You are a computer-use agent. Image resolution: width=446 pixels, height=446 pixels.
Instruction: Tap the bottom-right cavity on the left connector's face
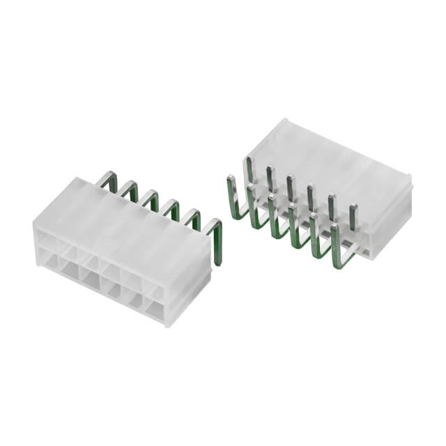point(155,307)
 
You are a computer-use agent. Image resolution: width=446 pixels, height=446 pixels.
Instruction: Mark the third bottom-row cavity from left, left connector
point(91,279)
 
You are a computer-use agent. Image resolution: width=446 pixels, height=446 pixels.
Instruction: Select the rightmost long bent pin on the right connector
point(337,244)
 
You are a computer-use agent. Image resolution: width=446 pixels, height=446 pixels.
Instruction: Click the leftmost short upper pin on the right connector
point(248,171)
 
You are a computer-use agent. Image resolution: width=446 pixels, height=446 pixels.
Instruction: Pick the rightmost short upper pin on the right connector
point(353,216)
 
